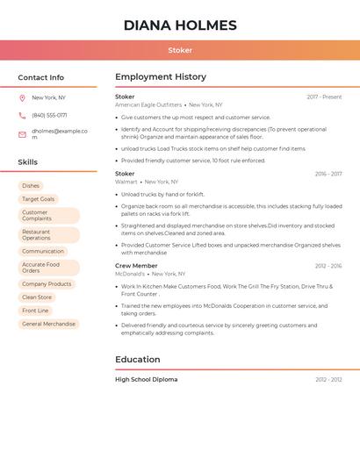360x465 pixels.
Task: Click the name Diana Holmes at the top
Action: [x=180, y=25]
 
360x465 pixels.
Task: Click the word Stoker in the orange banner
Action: [x=180, y=50]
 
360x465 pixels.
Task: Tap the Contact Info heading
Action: [x=41, y=77]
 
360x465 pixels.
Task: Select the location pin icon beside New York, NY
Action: [x=22, y=98]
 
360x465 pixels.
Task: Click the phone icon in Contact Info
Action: [x=22, y=116]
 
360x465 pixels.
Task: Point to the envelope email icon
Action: [x=22, y=134]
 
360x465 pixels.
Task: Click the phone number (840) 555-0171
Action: [x=49, y=116]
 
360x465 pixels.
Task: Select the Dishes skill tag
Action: [x=31, y=186]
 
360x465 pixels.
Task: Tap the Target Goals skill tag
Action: [x=38, y=199]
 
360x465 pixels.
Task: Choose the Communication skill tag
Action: [x=43, y=252]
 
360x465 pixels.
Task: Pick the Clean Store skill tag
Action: [x=37, y=297]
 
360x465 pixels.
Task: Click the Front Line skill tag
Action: [x=35, y=311]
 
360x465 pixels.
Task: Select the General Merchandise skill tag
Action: [x=48, y=324]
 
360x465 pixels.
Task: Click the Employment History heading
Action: [x=161, y=77]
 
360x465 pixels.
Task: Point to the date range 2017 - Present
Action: [x=324, y=97]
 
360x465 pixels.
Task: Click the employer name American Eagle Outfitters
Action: [x=148, y=105]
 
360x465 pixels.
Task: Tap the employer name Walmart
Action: [x=126, y=182]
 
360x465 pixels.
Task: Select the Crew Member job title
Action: [x=136, y=266]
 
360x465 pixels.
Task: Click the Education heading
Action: [x=138, y=360]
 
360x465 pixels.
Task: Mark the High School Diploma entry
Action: [x=146, y=380]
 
